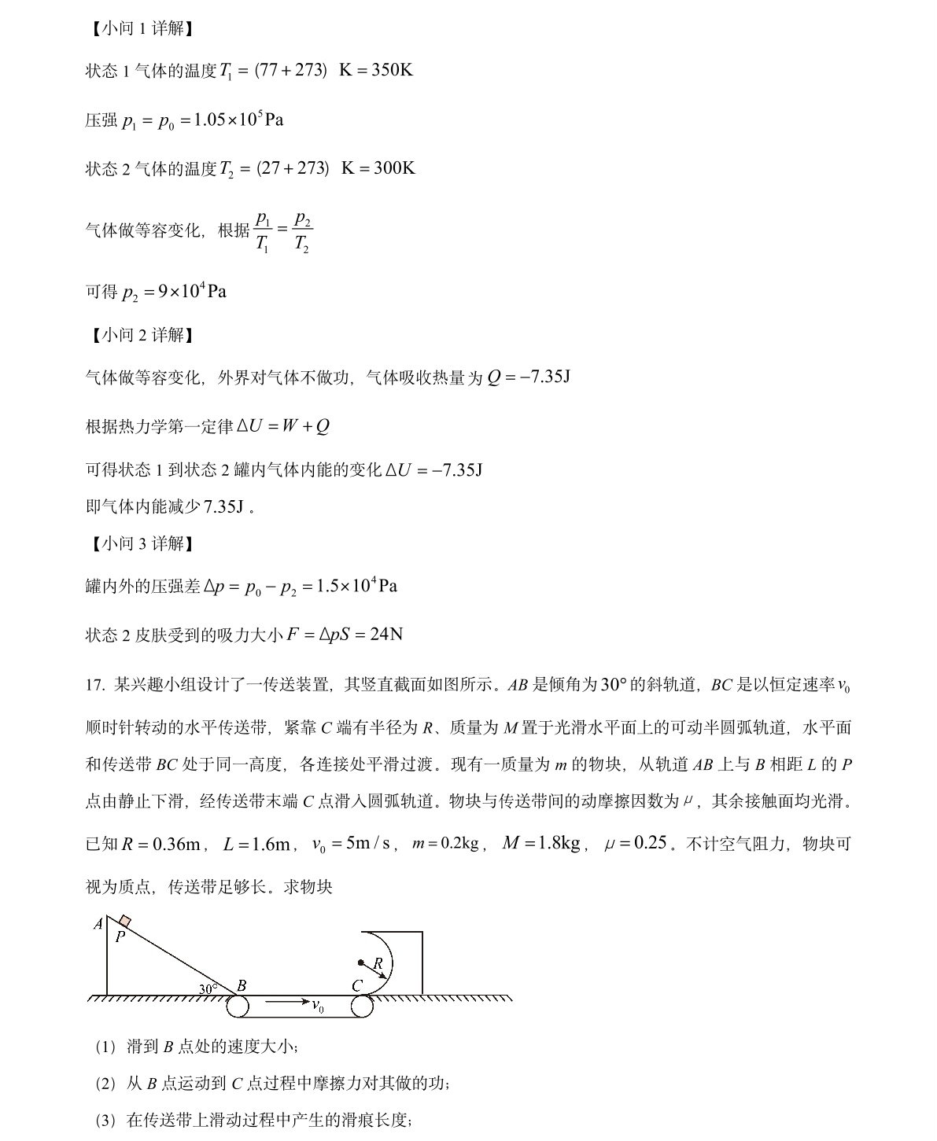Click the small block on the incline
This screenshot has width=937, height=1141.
[125, 922]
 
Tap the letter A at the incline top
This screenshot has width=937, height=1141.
[98, 924]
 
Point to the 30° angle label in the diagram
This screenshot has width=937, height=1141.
[208, 988]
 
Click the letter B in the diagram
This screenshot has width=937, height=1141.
[242, 985]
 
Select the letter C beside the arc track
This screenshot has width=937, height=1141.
[357, 986]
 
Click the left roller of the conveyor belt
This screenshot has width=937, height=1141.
[238, 1006]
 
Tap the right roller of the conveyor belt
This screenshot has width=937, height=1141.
[362, 1006]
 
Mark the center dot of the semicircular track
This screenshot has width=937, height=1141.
[361, 962]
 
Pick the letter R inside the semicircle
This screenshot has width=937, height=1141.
[378, 963]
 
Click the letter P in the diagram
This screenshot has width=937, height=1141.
[120, 937]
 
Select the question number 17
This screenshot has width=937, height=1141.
[94, 686]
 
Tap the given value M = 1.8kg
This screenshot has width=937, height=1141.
[540, 844]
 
